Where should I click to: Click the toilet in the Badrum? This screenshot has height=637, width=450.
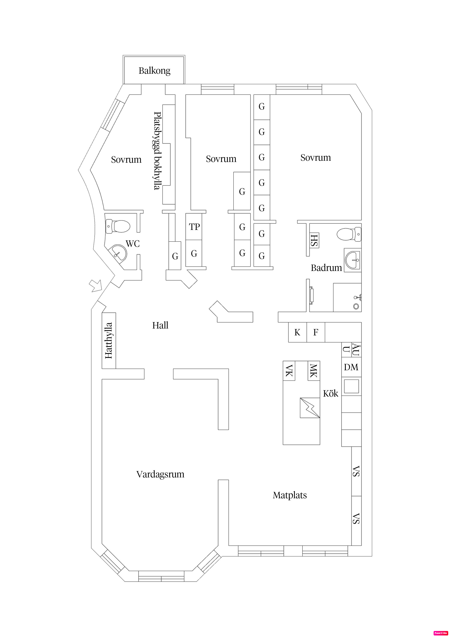349,234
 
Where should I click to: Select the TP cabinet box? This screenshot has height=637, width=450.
194,227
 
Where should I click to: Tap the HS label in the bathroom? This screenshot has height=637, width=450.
314,240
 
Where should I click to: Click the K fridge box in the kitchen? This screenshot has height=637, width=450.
297,332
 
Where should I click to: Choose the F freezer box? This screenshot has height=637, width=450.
316,332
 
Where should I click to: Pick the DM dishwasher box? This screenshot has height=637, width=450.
351,367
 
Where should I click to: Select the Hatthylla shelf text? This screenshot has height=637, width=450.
109,340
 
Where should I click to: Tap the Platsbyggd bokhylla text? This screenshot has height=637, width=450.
157,151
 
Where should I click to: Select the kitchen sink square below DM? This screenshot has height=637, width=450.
351,386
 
